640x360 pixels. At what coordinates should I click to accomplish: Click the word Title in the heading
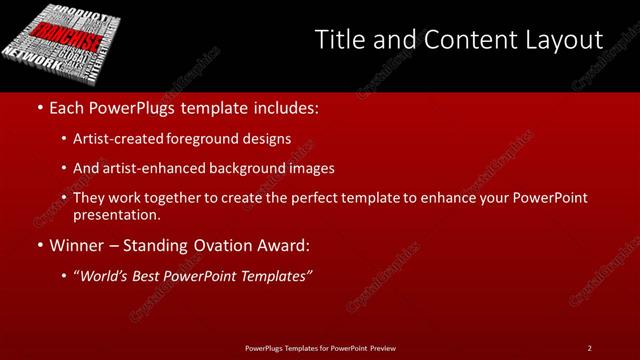[337, 41]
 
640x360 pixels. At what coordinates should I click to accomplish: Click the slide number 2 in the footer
[590, 347]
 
